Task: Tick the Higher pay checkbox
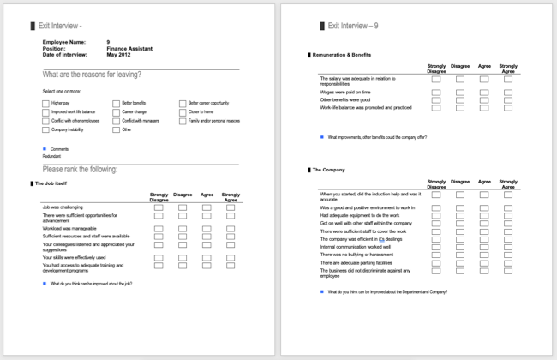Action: pos(46,103)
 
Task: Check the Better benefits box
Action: pos(116,103)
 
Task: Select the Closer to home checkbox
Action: pos(183,112)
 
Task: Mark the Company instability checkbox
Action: pos(46,130)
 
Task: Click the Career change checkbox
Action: pos(116,112)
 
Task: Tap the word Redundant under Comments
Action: pos(52,157)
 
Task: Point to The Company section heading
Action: pos(330,170)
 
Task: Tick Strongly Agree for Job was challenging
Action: pos(231,207)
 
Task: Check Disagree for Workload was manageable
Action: pos(183,226)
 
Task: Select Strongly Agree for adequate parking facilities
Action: pos(508,262)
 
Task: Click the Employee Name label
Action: pos(64,42)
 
